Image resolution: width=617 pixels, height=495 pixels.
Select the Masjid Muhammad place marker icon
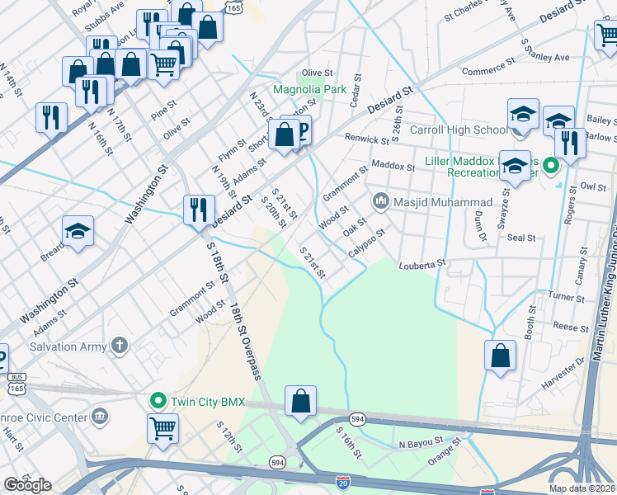pos(381,200)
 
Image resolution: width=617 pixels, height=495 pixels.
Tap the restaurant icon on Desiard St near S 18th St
pos(195,209)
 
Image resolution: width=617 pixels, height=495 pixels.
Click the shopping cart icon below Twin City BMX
pos(162,428)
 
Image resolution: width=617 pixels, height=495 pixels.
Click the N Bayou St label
pos(421,445)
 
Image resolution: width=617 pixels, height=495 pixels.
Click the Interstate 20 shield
pos(343,481)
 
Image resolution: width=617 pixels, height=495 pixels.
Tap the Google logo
pos(27,485)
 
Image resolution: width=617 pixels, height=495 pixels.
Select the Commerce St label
pos(487,72)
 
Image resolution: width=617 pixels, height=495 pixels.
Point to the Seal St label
pos(521,238)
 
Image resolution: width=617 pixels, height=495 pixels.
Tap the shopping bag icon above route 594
pos(301,401)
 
